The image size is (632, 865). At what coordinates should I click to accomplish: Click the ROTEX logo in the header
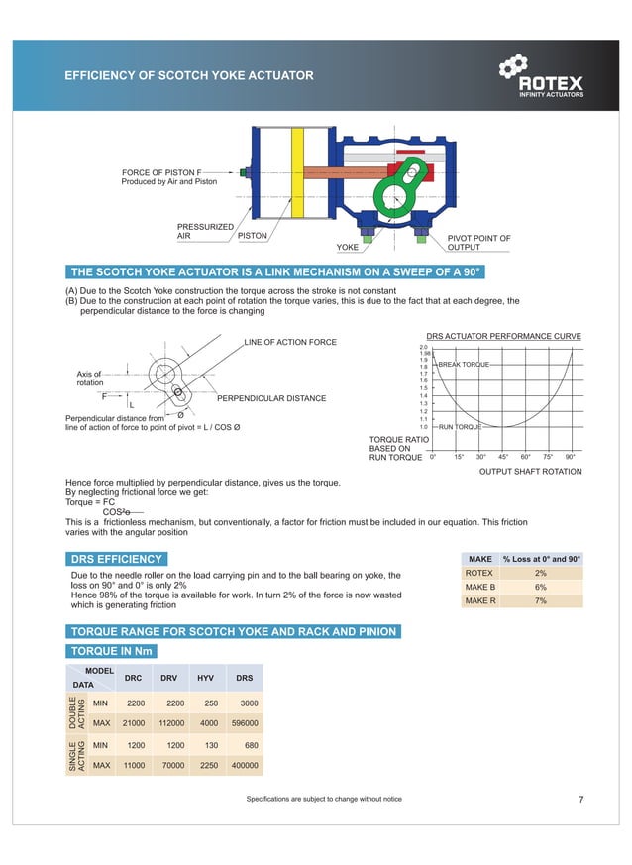click(x=542, y=78)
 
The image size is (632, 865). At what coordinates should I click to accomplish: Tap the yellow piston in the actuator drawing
click(x=296, y=178)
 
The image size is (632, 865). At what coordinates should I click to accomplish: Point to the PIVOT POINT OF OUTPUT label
click(x=478, y=243)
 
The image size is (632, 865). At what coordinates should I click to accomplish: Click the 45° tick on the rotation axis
click(x=503, y=457)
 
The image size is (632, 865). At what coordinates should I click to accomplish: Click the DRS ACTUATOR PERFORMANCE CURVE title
click(x=502, y=336)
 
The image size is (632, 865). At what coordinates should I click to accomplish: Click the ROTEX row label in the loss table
click(x=478, y=573)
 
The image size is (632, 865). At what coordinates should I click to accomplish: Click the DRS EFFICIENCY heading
click(x=116, y=560)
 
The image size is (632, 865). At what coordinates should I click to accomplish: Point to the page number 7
click(x=580, y=799)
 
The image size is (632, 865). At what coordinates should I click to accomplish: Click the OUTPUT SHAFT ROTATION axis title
click(x=530, y=472)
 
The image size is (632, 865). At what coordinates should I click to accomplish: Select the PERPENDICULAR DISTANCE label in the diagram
click(x=270, y=398)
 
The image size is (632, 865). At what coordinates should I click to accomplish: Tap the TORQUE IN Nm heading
click(x=111, y=651)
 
